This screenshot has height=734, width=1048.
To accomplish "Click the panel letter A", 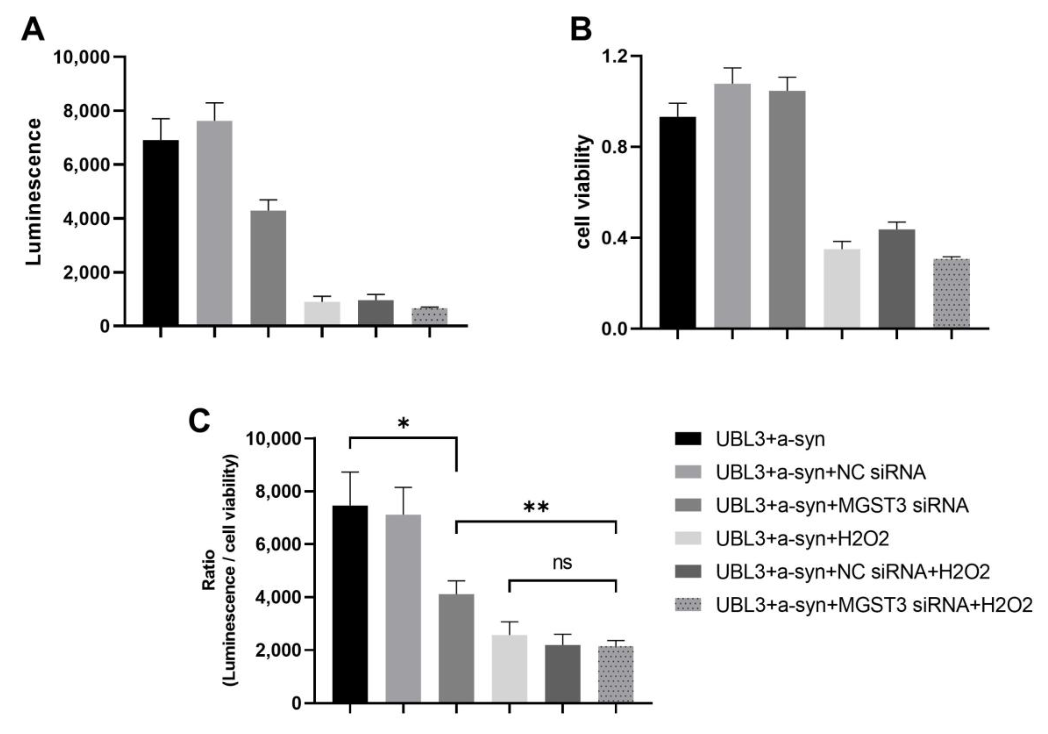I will [33, 30].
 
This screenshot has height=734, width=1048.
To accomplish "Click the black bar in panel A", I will [161, 233].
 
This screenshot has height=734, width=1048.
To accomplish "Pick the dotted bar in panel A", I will [430, 316].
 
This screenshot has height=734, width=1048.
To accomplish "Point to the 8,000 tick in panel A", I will [87, 111].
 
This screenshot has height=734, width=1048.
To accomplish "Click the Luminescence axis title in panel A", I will [33, 192].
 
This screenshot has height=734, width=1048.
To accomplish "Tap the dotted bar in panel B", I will [951, 293].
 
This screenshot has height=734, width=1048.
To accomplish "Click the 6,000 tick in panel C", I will [280, 544].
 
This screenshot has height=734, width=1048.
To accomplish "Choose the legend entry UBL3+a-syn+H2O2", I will [802, 539].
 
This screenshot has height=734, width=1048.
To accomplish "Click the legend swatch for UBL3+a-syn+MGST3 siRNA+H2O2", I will [688, 605].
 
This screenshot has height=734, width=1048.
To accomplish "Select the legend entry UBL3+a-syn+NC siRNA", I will [820, 472].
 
